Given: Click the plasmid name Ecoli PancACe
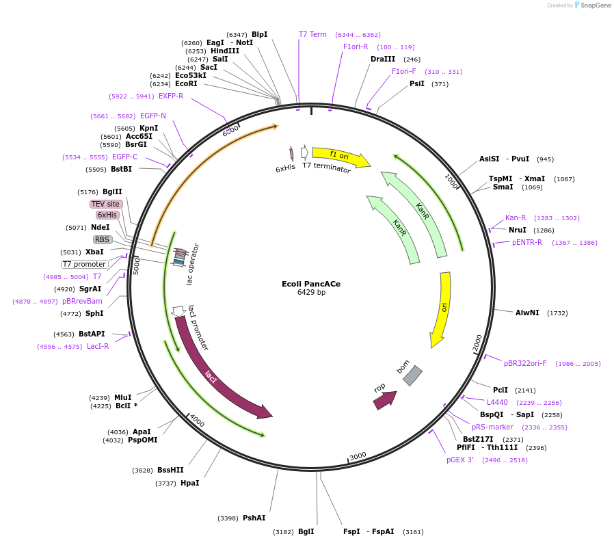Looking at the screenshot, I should [311, 283].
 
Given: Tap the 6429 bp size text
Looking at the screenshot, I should [311, 293].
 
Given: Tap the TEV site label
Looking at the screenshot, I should [105, 204].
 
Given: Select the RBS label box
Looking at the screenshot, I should [103, 239].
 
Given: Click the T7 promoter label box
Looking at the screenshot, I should [84, 264].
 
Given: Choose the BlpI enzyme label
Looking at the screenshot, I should [259, 34].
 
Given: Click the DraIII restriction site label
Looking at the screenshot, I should [383, 59].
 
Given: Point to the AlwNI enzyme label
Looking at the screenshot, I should [527, 313].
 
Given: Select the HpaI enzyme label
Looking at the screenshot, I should [189, 483].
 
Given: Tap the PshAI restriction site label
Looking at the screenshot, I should [254, 518].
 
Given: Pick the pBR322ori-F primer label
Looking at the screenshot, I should [525, 363].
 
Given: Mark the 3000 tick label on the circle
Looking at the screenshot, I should [358, 455].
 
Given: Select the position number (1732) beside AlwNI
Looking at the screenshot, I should [557, 313].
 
